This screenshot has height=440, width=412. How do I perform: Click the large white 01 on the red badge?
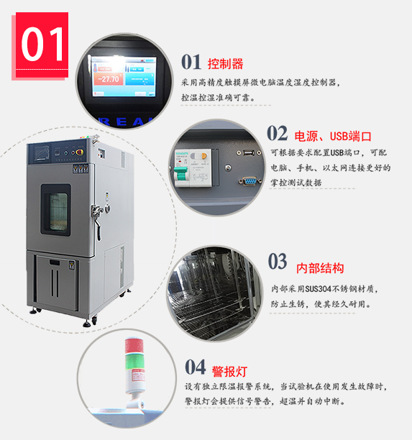point(42,44)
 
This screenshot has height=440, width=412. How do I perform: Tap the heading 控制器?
point(225,64)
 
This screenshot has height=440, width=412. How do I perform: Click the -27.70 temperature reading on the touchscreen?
point(109,79)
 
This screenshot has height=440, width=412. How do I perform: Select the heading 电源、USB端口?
point(333,137)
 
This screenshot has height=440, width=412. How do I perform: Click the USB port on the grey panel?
point(249,152)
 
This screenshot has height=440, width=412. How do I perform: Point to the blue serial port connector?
point(249,181)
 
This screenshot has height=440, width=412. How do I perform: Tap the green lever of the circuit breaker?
point(180,173)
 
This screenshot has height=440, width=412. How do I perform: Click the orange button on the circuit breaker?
point(203,155)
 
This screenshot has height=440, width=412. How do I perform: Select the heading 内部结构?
point(320,268)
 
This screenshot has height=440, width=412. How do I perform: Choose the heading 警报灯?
point(229,372)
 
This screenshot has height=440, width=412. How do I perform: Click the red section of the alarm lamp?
point(134,347)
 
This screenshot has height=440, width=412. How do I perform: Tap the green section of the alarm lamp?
point(134,362)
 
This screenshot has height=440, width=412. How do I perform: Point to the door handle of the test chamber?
point(97,219)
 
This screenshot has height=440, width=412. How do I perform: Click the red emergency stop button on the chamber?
point(79,152)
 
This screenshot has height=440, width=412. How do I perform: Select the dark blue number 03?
point(278,261)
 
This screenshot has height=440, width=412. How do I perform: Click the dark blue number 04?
point(195,367)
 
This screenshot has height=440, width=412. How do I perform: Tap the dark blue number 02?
point(277,133)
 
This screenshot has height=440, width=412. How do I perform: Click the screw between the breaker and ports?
point(228,168)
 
